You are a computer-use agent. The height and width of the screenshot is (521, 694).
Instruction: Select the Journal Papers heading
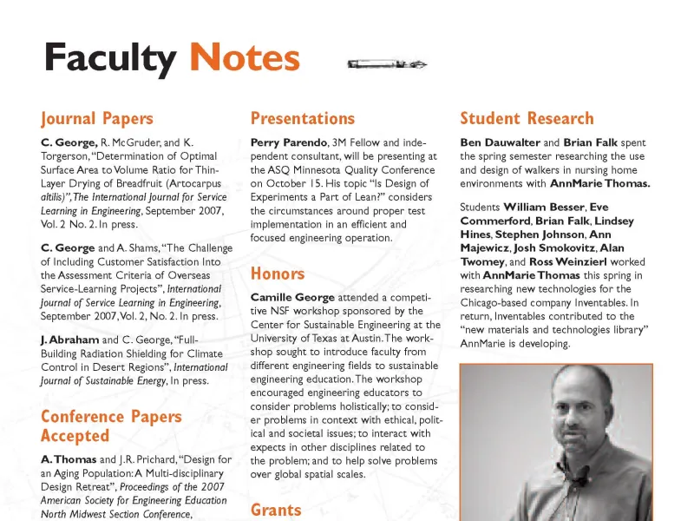[96, 119]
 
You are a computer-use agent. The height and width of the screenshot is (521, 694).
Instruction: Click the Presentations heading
[302, 119]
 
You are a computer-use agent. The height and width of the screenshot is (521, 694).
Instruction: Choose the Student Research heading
[527, 119]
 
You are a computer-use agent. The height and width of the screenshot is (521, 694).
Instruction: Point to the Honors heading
[277, 274]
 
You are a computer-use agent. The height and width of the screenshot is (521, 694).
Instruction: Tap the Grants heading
[276, 510]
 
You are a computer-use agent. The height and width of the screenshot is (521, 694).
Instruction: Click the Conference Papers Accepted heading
[111, 425]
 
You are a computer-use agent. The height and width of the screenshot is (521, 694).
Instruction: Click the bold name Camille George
[291, 298]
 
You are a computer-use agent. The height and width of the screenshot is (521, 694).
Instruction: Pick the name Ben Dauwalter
[500, 142]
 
